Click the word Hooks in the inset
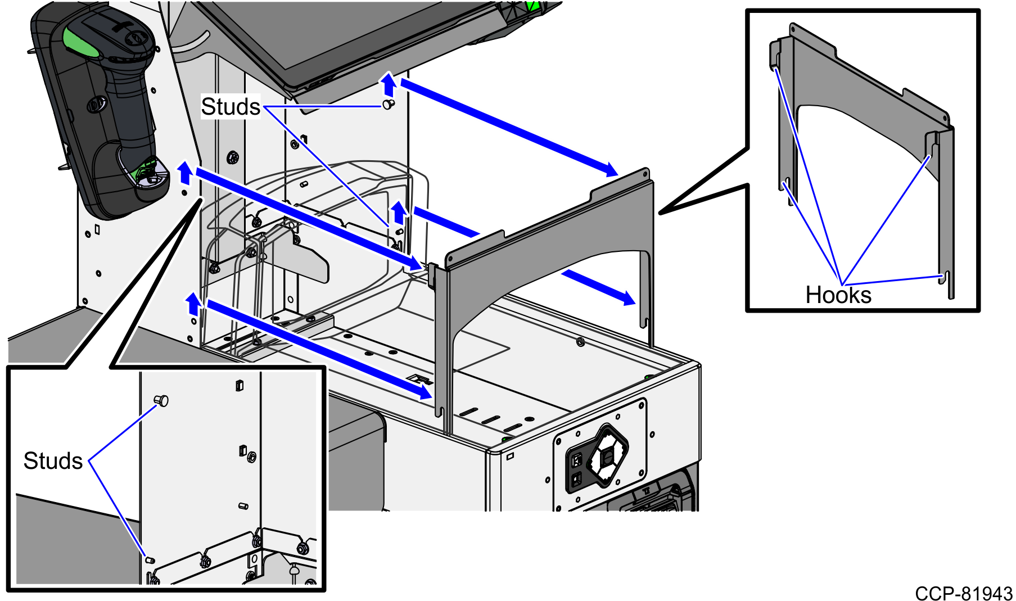pos(838,295)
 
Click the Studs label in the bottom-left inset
pos(53,461)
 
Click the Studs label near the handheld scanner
pos(231,107)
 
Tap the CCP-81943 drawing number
pos(963,593)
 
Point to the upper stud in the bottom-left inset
pos(162,400)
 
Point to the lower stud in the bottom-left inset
pos(150,560)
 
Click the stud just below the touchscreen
pos(388,104)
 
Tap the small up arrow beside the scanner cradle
pos(184,173)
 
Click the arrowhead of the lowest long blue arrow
pos(424,391)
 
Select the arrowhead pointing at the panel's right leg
pos(626,297)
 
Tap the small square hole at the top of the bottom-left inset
pos(240,386)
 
